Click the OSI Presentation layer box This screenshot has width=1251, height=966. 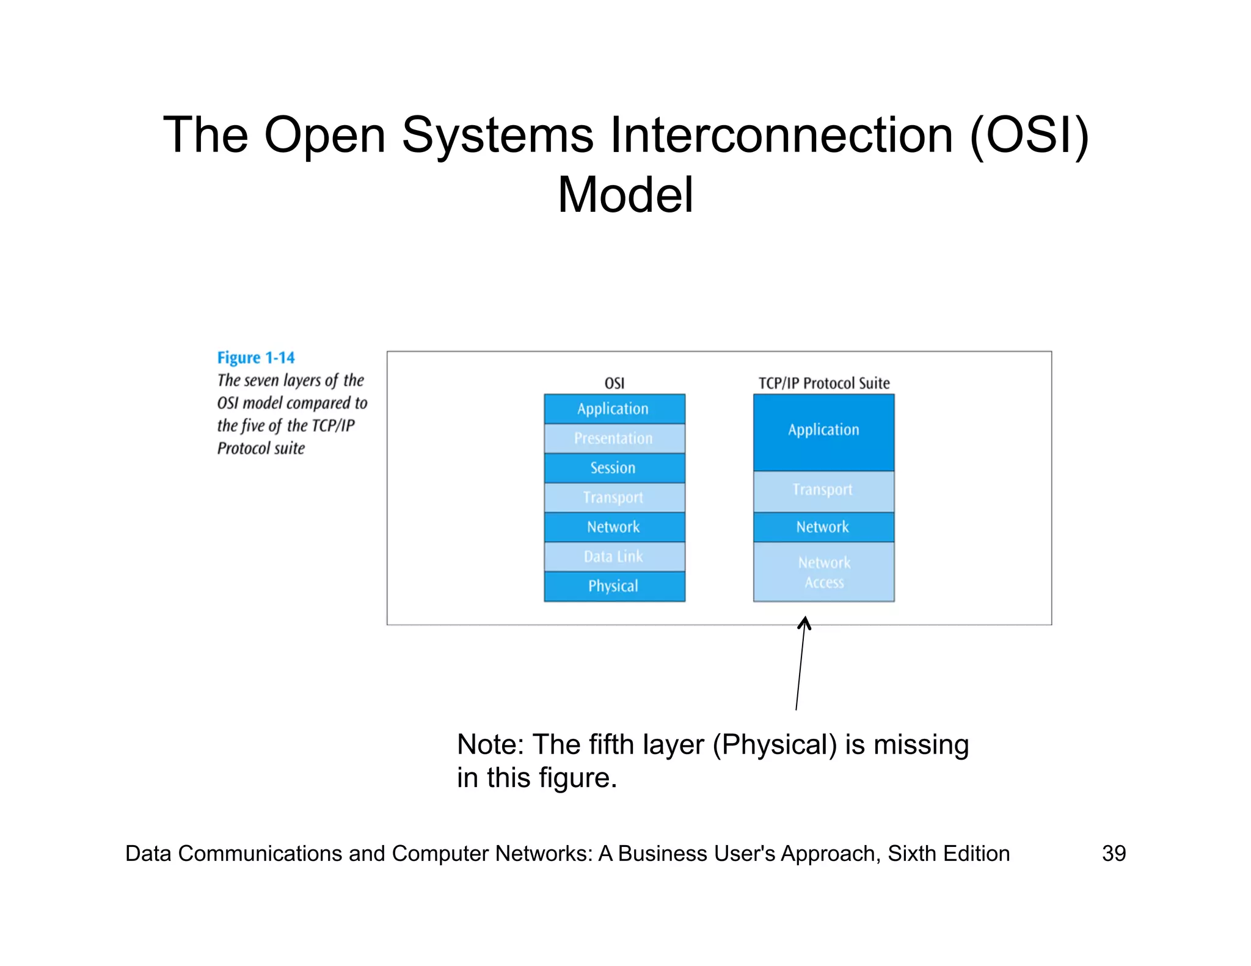coord(614,438)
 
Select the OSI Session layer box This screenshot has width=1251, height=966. coord(614,468)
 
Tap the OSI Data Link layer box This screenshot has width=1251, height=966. coord(614,556)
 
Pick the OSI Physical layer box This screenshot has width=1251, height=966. coord(614,586)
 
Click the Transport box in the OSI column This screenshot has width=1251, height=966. coord(614,497)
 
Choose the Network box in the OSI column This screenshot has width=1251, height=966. coord(614,526)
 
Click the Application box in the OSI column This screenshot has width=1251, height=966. coord(614,409)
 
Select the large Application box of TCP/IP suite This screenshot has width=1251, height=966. coord(823,432)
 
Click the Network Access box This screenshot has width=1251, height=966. coord(823,572)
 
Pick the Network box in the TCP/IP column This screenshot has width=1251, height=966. coord(823,526)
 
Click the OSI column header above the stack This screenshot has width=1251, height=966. coord(614,383)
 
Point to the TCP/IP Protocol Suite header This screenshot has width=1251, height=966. coord(823,383)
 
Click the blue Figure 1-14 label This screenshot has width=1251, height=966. coord(256,357)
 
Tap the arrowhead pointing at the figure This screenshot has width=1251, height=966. coord(805,623)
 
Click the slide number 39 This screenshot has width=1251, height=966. coord(1114,853)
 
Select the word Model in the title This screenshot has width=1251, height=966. coord(625,195)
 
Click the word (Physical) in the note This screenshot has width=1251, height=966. coord(775,745)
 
